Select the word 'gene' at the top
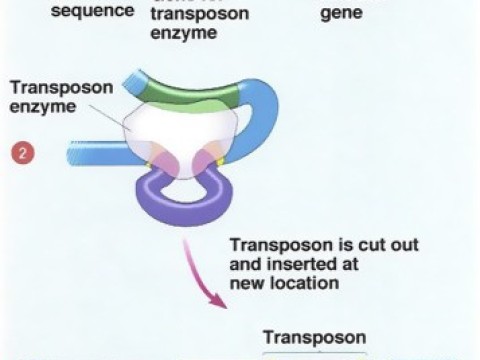click(341, 15)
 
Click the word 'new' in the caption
click(246, 284)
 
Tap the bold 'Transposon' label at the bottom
click(314, 337)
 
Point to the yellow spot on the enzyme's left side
click(146, 159)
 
